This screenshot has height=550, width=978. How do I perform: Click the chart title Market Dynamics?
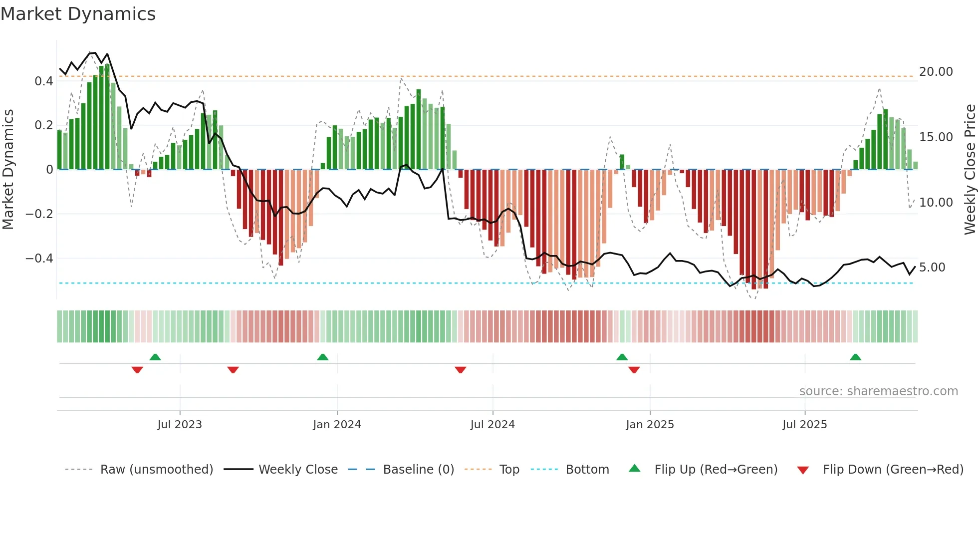pyautogui.click(x=78, y=14)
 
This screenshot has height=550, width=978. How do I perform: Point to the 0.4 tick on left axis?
pyautogui.click(x=43, y=81)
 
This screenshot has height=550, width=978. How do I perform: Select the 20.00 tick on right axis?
pyautogui.click(x=936, y=72)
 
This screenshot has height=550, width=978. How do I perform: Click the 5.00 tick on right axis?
pyautogui.click(x=932, y=268)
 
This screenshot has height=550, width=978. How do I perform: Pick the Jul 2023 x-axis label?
pyautogui.click(x=180, y=425)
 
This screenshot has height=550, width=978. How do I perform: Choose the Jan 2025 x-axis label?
pyautogui.click(x=650, y=425)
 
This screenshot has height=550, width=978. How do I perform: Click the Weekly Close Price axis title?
pyautogui.click(x=970, y=169)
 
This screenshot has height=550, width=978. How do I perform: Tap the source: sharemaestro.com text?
pyautogui.click(x=878, y=391)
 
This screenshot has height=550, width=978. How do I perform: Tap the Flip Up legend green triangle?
pyautogui.click(x=634, y=468)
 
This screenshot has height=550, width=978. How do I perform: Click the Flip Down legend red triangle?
pyautogui.click(x=803, y=470)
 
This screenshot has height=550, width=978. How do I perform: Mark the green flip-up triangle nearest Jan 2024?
pyautogui.click(x=323, y=357)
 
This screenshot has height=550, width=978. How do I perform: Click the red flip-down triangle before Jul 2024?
pyautogui.click(x=461, y=370)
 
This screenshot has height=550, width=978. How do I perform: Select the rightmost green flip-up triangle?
pyautogui.click(x=855, y=357)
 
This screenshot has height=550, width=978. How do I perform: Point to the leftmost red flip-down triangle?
pyautogui.click(x=137, y=370)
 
